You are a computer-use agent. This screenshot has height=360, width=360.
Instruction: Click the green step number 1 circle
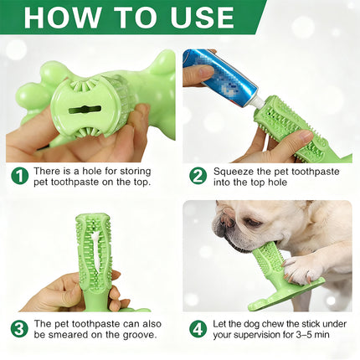(19, 175)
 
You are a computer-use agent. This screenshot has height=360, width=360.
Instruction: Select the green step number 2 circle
(198, 175)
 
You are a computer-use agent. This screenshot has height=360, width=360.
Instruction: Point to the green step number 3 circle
(19, 328)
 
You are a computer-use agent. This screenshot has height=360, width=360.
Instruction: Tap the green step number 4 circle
(198, 328)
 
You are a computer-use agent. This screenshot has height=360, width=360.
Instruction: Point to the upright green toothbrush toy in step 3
(94, 251)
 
